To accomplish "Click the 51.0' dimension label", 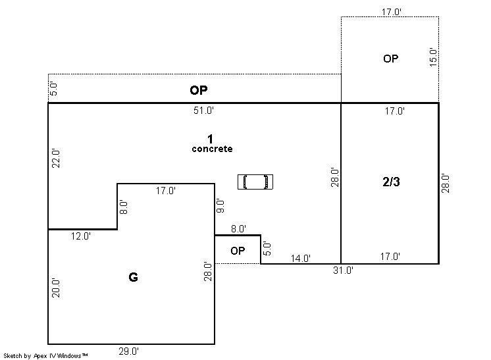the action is click(203, 111).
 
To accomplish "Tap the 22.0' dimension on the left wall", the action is click(56, 159).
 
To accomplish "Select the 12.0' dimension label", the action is click(81, 236).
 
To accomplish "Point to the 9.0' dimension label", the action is click(220, 206).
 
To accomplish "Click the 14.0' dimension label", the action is click(301, 259).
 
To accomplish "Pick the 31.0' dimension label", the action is click(343, 270).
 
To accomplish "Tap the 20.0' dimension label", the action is click(56, 288).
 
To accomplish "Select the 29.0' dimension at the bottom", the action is click(129, 351).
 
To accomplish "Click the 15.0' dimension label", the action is click(433, 57).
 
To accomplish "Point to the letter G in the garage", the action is click(133, 277).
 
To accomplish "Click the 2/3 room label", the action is click(391, 182).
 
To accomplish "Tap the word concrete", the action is click(213, 149).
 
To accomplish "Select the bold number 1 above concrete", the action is click(210, 139).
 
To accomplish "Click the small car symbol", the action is click(255, 182).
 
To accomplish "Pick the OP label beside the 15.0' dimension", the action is click(391, 59).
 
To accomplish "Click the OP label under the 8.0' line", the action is click(238, 251).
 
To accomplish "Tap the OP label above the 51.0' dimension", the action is click(199, 90).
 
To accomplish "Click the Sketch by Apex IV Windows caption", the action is click(45, 356).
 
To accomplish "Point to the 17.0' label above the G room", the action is click(166, 191).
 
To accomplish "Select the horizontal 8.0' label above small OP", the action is click(239, 229).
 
